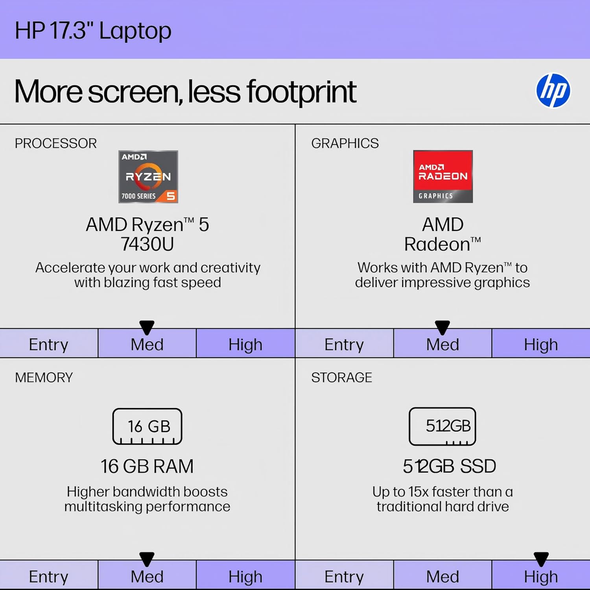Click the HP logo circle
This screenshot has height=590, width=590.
tap(553, 90)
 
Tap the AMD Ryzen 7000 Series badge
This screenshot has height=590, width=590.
tap(148, 177)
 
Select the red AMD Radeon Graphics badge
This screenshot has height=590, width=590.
tap(443, 177)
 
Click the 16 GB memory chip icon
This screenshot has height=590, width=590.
tap(147, 426)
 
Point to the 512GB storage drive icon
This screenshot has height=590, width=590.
tap(442, 426)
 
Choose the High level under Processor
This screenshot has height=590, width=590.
tap(245, 344)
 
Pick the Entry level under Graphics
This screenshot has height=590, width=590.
tap(344, 344)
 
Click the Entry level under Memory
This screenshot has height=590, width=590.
tap(48, 576)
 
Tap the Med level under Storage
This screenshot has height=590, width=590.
tap(442, 576)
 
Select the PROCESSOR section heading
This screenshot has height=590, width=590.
tap(56, 143)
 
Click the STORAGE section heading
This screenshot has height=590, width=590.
tap(341, 377)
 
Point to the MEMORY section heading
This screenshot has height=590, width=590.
tap(44, 377)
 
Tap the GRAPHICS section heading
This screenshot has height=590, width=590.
tap(345, 143)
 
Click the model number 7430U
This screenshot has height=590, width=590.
tap(147, 244)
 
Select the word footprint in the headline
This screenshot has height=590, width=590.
tap(301, 92)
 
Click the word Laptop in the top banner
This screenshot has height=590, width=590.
tap(135, 31)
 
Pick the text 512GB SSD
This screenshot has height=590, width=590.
tap(449, 466)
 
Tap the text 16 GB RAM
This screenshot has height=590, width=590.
tap(147, 466)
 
